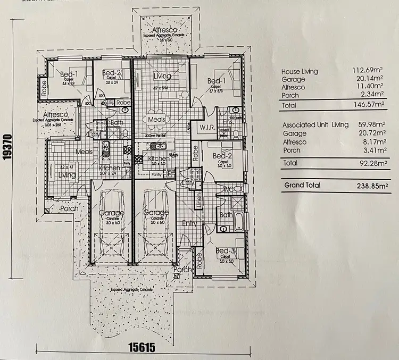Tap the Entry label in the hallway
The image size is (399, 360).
point(189,224)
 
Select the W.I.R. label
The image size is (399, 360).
point(206,128)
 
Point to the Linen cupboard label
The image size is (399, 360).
point(199,199)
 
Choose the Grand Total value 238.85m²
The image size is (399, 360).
point(372,186)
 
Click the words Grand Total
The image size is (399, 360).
point(302,186)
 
